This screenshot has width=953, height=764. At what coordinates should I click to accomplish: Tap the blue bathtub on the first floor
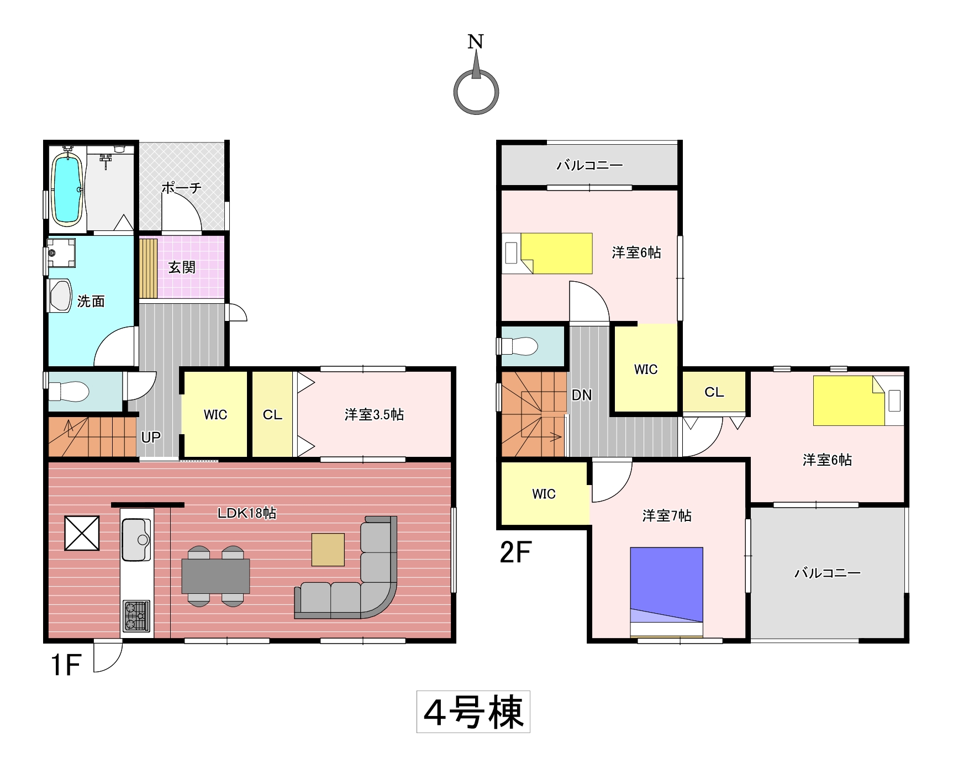coord(67,188)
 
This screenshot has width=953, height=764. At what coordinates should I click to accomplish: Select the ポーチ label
coord(182,187)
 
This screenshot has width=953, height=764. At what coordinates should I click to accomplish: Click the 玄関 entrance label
coord(182,267)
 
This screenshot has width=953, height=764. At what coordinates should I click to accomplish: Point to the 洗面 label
coord(91,301)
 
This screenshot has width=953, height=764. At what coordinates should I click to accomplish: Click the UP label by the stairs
coord(151,437)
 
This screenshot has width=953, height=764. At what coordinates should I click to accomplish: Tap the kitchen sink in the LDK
coord(136,539)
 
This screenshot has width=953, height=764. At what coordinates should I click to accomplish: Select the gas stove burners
coord(136,615)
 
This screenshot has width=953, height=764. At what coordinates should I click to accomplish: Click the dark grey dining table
coord(215,576)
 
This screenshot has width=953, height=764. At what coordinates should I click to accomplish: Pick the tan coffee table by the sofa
coord(328,550)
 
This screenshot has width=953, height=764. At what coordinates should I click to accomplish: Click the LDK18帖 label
coord(247,513)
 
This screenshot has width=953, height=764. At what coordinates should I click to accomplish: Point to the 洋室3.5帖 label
coord(374,414)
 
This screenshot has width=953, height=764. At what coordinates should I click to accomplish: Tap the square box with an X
coord(82,533)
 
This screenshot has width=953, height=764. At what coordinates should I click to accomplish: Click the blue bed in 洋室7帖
coord(667,585)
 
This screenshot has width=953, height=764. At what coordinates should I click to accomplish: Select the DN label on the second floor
coord(582,395)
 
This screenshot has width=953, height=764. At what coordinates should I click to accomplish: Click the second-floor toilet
coord(519,346)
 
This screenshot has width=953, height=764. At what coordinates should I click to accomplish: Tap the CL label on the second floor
coord(714,392)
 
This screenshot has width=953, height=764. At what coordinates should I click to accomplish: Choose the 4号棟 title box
coord(473,712)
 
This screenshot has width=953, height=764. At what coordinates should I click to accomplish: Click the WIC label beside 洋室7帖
coord(544,494)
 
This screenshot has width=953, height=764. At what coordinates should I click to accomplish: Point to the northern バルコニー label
coord(589,165)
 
